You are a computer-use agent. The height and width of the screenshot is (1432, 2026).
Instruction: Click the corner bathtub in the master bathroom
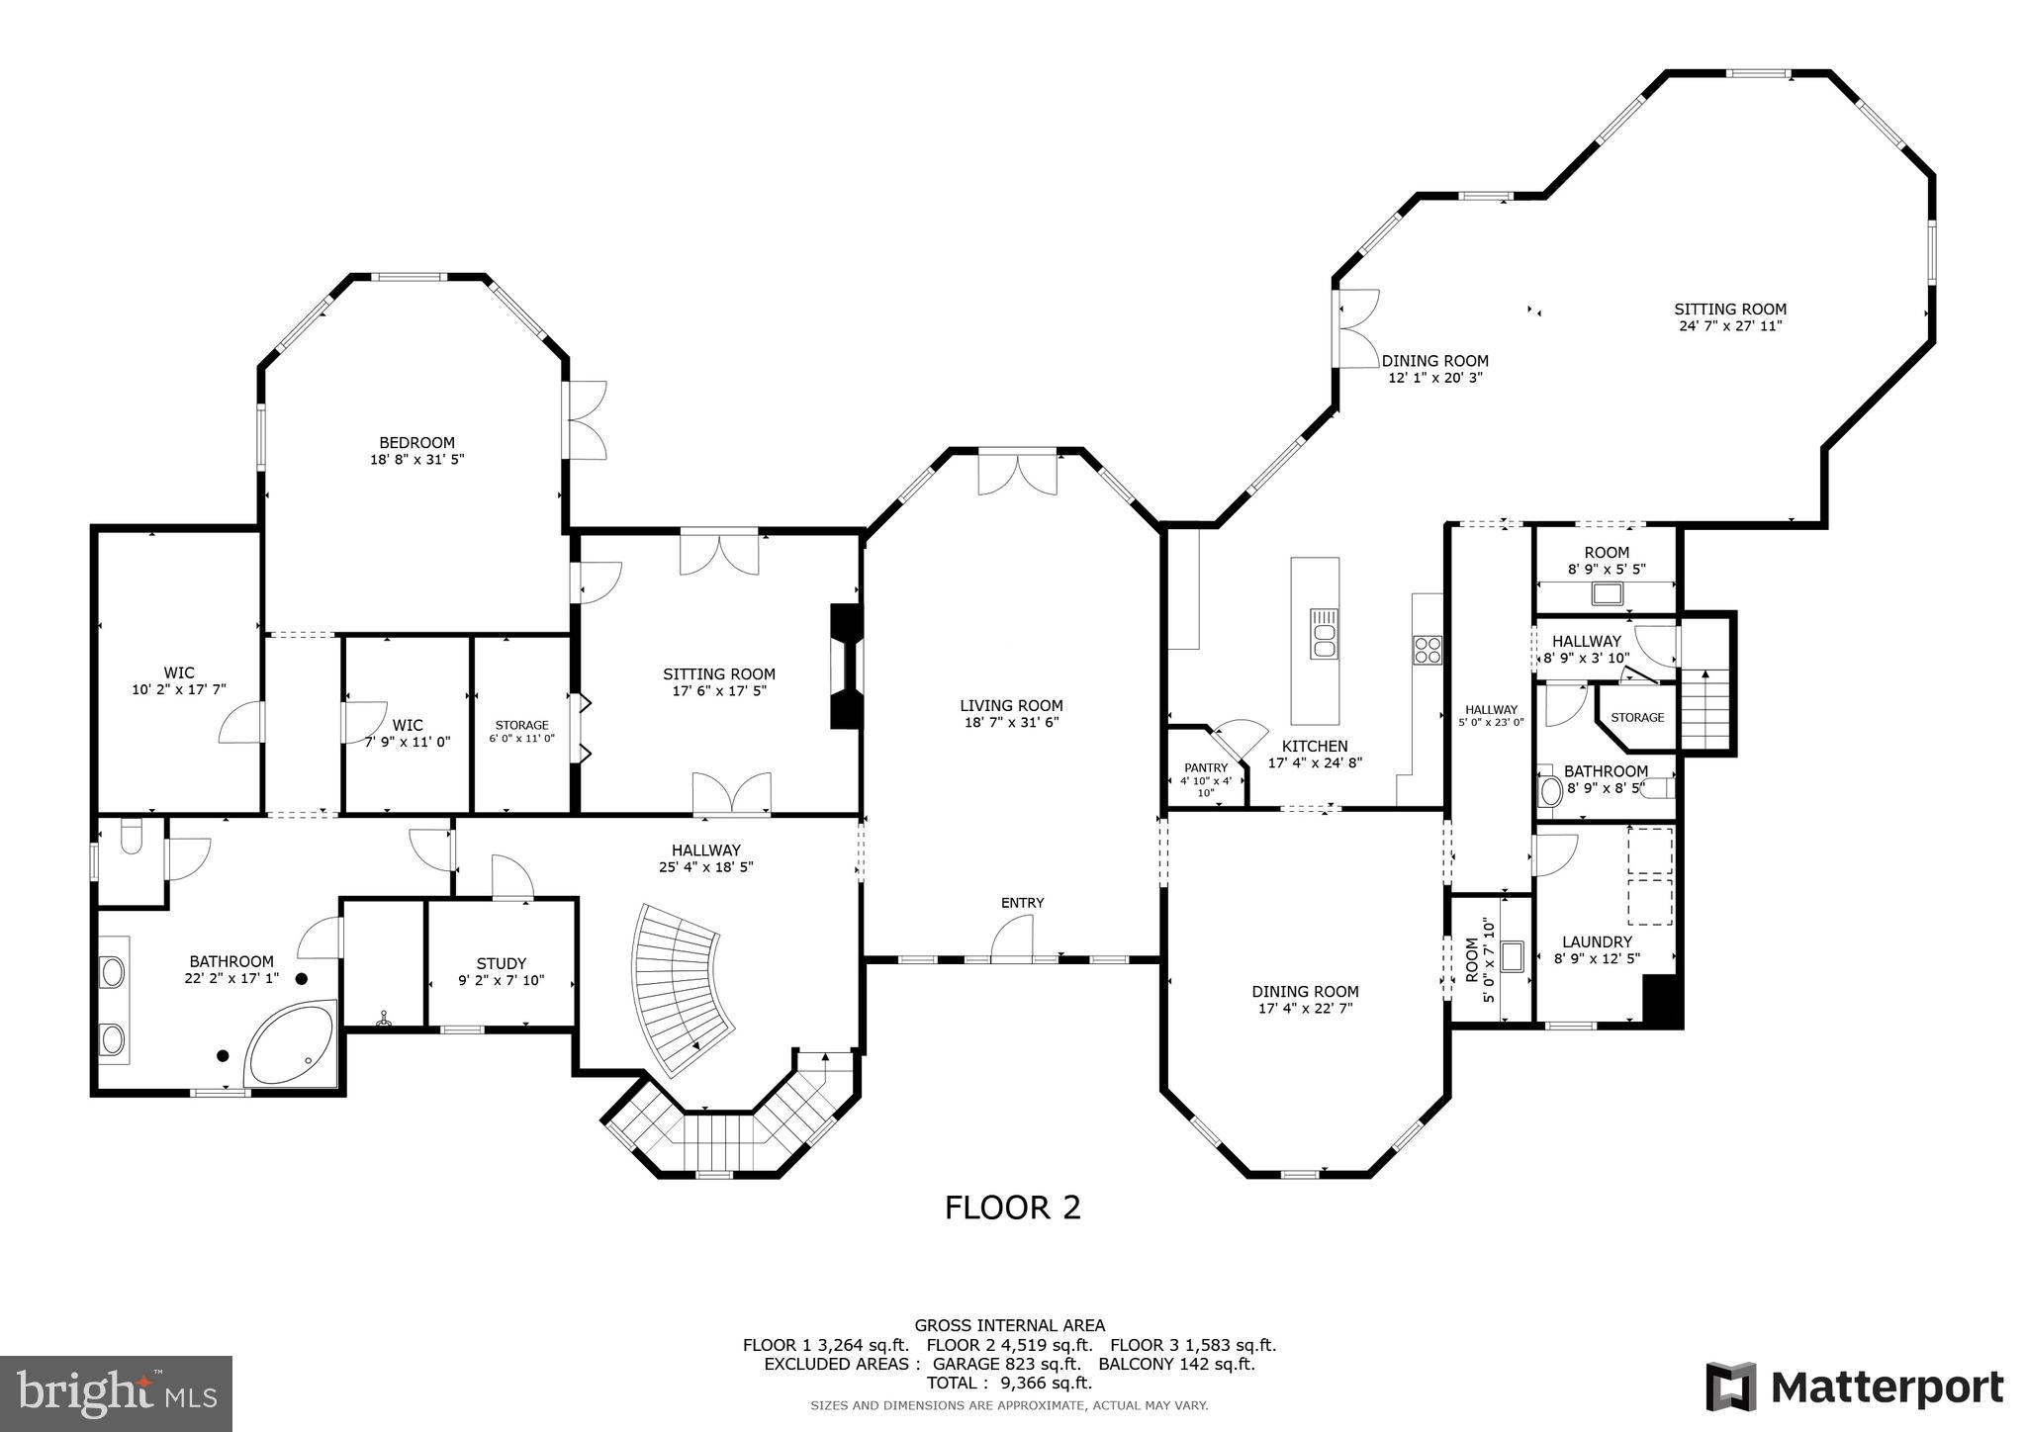click(289, 1046)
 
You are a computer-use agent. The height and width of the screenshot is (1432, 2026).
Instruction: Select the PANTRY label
click(1206, 767)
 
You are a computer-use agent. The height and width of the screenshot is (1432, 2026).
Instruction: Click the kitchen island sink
click(1323, 634)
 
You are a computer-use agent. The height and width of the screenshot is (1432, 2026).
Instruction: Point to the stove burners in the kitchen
click(1427, 650)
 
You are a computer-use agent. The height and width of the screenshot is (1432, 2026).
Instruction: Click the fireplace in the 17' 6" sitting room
click(844, 668)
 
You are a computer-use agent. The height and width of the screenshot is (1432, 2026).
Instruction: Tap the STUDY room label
click(502, 963)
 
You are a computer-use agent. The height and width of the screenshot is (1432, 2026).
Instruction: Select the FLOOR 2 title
click(1012, 1208)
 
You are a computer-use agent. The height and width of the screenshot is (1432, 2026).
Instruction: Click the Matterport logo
click(1854, 1387)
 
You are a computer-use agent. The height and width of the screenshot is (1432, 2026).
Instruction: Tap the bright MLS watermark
click(117, 1393)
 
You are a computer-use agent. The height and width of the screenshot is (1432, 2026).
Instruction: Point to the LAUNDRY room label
click(1597, 941)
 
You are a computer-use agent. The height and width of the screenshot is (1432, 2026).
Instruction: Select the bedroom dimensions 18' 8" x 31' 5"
click(416, 459)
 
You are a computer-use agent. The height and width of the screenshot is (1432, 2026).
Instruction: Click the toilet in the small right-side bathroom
click(1550, 790)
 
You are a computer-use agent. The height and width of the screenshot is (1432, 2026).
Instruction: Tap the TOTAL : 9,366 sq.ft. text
click(1009, 1383)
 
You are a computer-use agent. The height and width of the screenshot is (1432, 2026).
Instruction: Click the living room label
click(1011, 705)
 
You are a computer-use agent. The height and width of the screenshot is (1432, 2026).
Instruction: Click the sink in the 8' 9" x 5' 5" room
click(1607, 594)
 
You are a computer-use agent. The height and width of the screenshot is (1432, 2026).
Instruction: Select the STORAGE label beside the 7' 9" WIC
click(521, 725)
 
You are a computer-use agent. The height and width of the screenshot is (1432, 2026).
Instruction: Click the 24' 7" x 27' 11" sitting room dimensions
click(1729, 325)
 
